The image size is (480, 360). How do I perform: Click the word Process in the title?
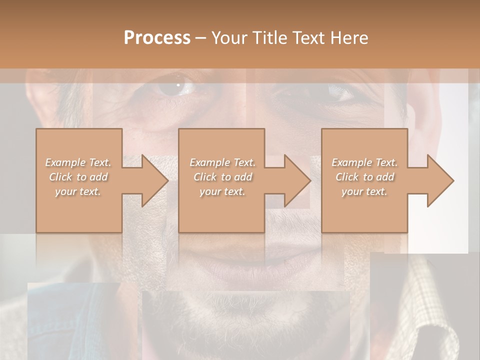pyautogui.click(x=157, y=38)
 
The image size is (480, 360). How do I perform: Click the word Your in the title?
pyautogui.click(x=230, y=38)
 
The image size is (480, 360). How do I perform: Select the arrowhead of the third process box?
pyautogui.click(x=439, y=180)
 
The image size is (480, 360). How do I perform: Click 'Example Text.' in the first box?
pyautogui.click(x=78, y=162)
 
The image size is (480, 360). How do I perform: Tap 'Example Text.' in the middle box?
pyautogui.click(x=222, y=162)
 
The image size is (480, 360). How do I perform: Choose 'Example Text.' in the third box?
pyautogui.click(x=364, y=162)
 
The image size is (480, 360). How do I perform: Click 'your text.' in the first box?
pyautogui.click(x=78, y=191)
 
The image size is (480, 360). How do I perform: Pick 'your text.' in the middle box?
pyautogui.click(x=222, y=191)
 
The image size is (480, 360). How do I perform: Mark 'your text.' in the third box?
pyautogui.click(x=364, y=191)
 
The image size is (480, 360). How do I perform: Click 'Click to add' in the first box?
pyautogui.click(x=78, y=177)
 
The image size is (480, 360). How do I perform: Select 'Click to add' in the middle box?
pyautogui.click(x=222, y=177)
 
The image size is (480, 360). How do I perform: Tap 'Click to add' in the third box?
pyautogui.click(x=364, y=177)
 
